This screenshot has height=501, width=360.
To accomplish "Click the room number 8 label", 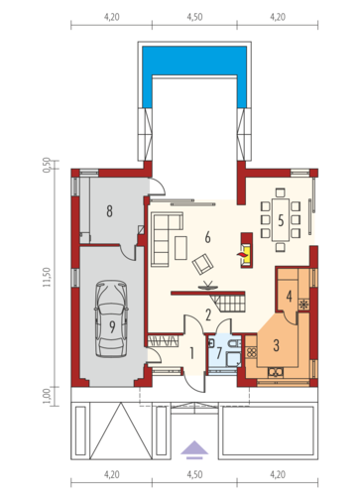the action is [109, 210].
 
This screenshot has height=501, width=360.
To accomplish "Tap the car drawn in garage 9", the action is [112, 318].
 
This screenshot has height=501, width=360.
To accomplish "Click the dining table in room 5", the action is [281, 219].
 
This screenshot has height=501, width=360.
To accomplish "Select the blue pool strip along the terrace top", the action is [194, 61].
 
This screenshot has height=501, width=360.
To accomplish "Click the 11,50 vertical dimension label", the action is [48, 277].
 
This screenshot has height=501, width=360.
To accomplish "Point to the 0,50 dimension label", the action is [48, 165].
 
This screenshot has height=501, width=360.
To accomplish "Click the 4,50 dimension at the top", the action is [194, 17].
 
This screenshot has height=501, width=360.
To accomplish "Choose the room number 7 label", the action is [218, 353].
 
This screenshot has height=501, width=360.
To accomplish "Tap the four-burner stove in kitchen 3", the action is [252, 352].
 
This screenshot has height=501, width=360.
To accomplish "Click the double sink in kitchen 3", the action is [276, 372].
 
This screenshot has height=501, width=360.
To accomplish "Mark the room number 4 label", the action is [289, 296].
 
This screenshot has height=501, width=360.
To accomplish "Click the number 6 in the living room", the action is [207, 237].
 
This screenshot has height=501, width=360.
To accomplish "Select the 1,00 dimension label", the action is [48, 395].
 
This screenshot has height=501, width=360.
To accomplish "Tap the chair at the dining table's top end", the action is [281, 192].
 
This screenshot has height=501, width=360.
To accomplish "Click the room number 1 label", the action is [191, 353].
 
